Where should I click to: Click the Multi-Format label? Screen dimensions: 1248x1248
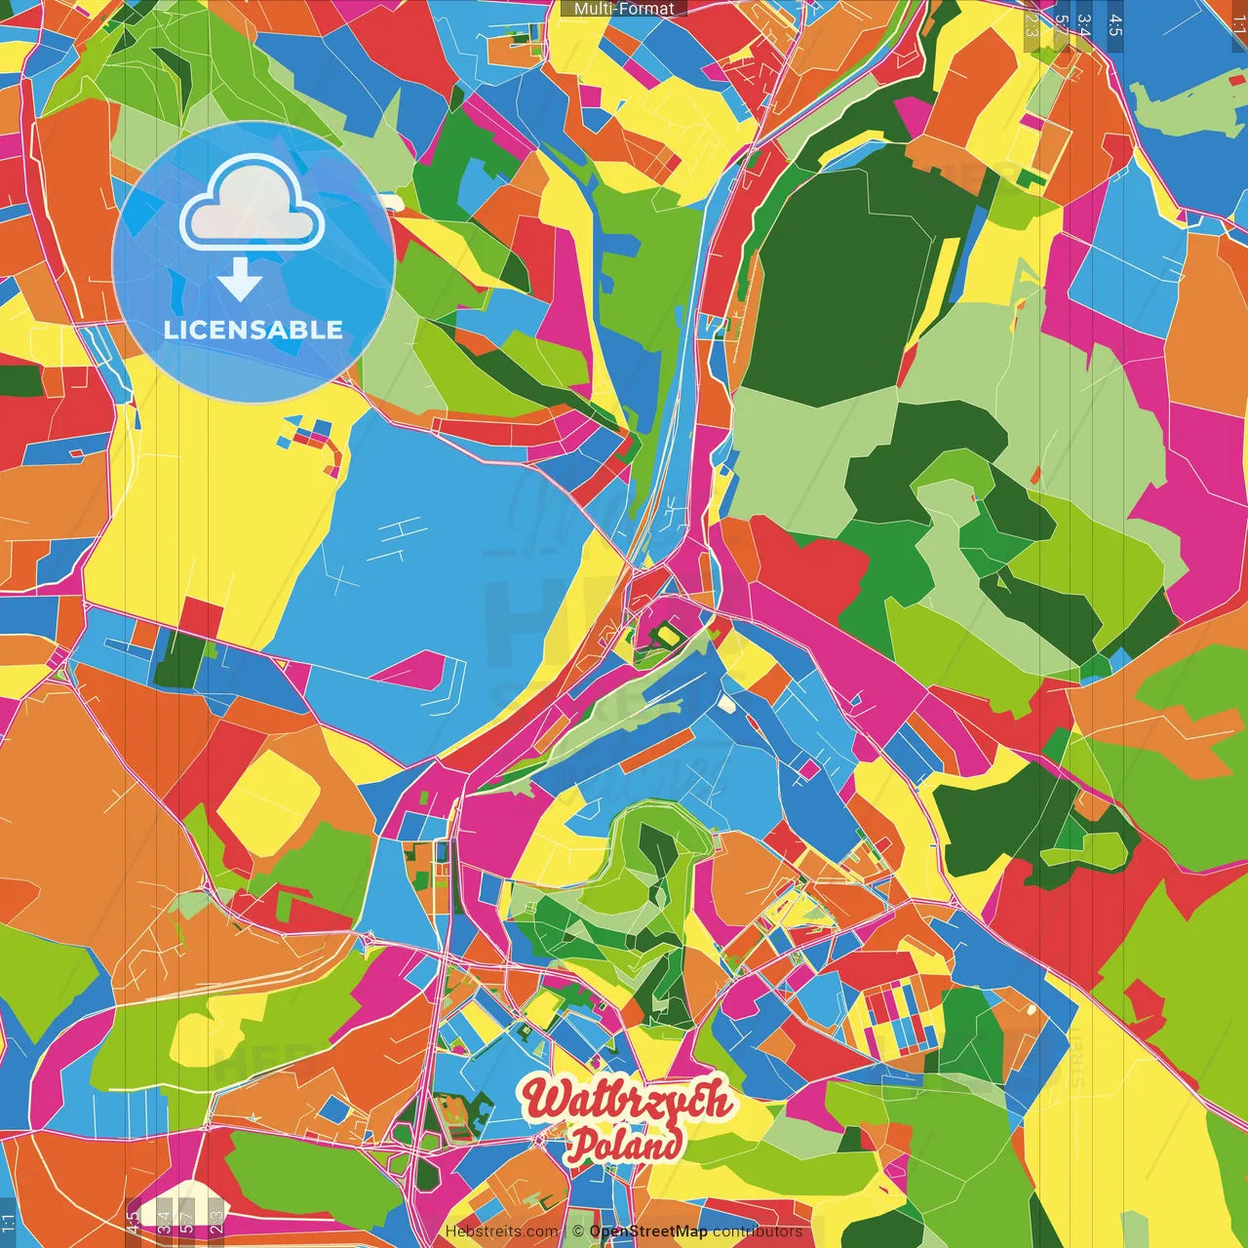(624, 9)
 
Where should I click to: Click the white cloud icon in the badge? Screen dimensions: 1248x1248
(253, 207)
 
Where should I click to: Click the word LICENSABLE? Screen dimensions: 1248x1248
(253, 330)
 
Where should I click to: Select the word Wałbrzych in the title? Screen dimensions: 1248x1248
(626, 1099)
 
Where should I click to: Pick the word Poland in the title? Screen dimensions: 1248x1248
(624, 1145)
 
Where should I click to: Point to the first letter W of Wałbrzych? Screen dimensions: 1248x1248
(542, 1099)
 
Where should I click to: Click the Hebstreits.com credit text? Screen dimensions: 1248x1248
(501, 1231)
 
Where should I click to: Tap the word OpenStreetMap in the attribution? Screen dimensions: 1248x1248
(648, 1231)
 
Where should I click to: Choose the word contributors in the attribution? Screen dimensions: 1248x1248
(757, 1231)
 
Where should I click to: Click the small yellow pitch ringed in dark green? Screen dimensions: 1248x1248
(666, 636)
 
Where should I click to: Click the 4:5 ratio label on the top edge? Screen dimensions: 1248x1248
(1115, 25)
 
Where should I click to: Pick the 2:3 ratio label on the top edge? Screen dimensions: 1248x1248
(1032, 25)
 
